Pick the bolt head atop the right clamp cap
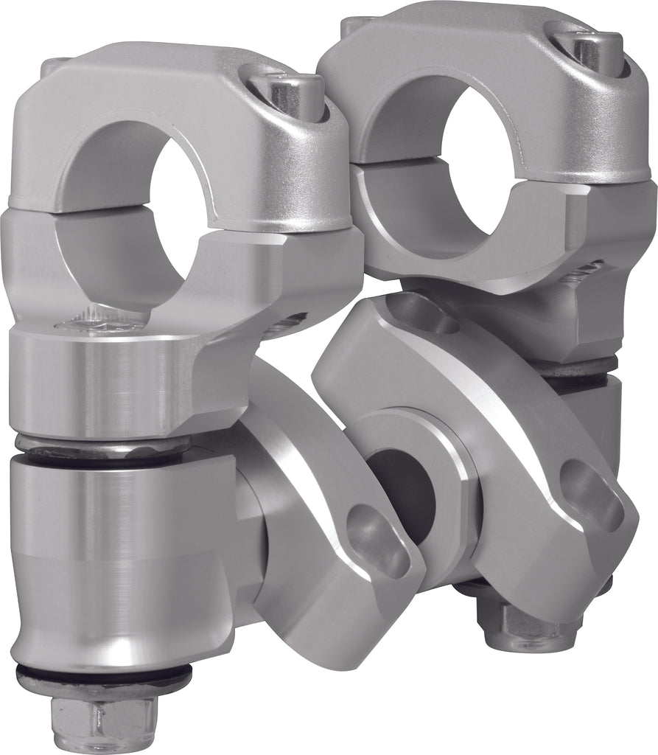[589, 44]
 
